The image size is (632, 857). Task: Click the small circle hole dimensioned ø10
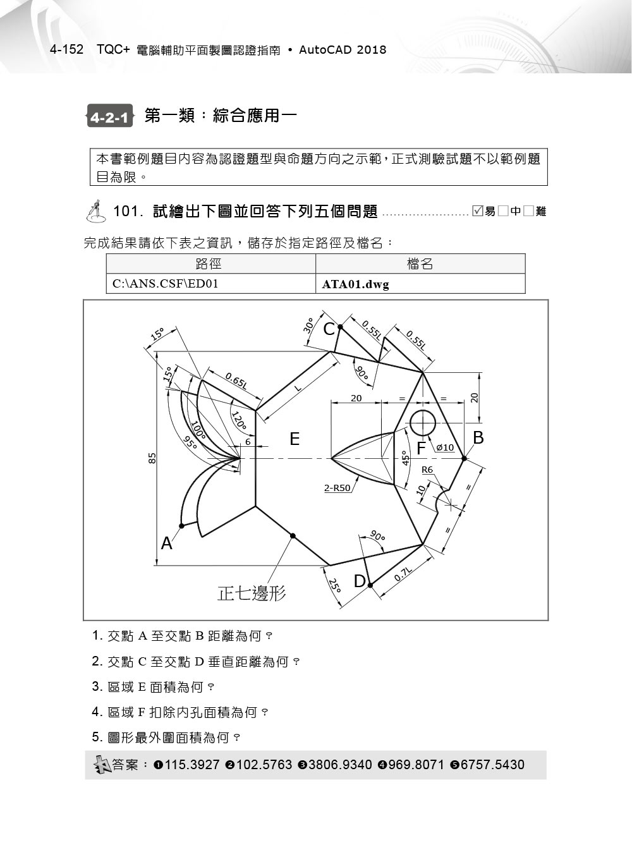click(423, 422)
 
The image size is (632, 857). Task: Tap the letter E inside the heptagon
click(295, 439)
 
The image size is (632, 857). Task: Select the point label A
click(166, 543)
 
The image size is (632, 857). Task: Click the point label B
click(478, 437)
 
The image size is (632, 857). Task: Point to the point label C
click(329, 329)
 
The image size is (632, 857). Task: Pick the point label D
click(359, 581)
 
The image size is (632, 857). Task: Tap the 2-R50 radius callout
click(337, 488)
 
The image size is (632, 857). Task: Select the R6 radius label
click(427, 470)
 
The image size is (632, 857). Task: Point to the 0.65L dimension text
click(236, 380)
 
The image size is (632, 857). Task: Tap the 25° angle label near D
click(334, 585)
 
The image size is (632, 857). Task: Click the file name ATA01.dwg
click(356, 284)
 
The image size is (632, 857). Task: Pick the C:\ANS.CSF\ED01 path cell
click(166, 284)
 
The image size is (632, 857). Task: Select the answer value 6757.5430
click(492, 765)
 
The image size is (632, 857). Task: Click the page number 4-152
click(66, 50)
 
